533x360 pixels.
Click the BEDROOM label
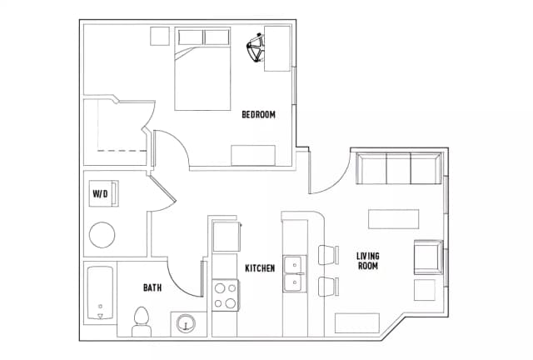(258, 114)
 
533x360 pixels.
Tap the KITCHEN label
(260, 267)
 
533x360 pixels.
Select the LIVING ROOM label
(367, 261)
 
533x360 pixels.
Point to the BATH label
(152, 288)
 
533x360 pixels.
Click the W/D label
(100, 194)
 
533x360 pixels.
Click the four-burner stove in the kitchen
(225, 294)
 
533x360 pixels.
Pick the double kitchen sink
(292, 275)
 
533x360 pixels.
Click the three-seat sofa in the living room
(397, 169)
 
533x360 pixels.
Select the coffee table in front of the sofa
(393, 217)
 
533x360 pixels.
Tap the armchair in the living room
(427, 256)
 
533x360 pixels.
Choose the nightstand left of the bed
(160, 36)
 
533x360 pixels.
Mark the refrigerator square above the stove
(225, 236)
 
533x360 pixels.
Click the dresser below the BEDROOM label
(253, 156)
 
